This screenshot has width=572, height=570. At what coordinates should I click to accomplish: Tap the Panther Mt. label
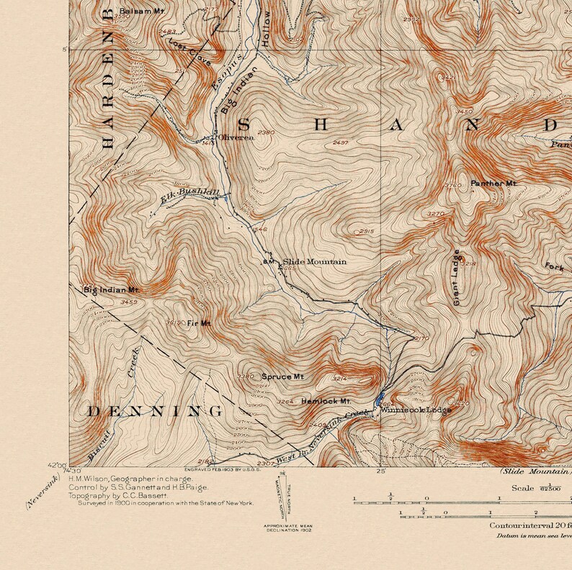coord(493,184)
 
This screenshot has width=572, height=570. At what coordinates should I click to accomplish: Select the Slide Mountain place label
coord(314,262)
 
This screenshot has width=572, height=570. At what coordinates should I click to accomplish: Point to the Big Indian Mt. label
coord(110,290)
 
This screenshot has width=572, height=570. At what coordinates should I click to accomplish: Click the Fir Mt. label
coord(198,324)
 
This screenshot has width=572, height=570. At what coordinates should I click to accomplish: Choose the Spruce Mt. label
coord(282,376)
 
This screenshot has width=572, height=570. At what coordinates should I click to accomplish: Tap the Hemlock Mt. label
coord(325,401)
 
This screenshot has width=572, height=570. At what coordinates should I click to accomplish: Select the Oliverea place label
coord(236,137)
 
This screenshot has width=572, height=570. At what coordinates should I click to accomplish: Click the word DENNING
coord(154,412)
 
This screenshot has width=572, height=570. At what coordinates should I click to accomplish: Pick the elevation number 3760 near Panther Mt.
coord(453,186)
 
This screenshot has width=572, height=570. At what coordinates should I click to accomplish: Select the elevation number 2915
coord(366,231)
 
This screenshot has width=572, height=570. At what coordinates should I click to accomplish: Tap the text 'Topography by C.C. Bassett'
coord(118,496)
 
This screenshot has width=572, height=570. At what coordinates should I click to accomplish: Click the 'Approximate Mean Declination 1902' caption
coord(288,528)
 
